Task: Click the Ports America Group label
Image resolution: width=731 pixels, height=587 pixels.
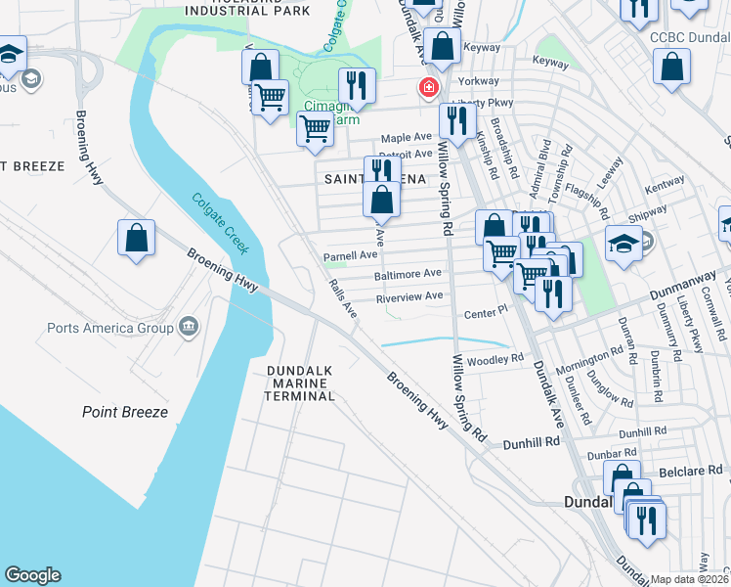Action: coord(110,328)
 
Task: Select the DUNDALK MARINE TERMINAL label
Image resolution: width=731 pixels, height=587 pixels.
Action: coord(301,383)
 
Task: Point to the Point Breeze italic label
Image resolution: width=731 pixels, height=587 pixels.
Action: coord(124,412)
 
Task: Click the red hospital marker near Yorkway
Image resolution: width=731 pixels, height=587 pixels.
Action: coord(428,88)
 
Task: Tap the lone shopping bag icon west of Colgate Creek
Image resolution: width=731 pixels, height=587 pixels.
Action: coord(137,238)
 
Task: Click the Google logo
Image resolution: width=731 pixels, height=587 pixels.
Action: coord(32,575)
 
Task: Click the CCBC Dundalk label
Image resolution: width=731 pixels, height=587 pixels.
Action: coord(689,35)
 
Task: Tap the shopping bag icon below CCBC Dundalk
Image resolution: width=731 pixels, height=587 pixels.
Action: coord(671,68)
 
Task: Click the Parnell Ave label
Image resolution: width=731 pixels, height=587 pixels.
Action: coord(350,255)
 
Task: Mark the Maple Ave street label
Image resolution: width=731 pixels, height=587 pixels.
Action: coord(406,138)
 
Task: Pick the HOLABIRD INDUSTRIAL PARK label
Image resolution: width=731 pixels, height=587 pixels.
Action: coord(245,8)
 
